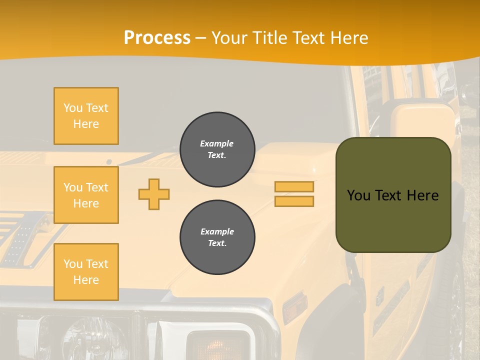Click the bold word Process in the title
157,38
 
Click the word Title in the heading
267,38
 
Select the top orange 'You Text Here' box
86,116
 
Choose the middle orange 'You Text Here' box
86,195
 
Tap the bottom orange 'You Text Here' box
86,271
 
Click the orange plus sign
154,194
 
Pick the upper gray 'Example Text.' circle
217,149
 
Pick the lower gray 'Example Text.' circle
217,237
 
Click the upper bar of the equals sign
294,187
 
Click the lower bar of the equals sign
294,201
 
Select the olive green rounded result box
393,194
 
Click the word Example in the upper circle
217,143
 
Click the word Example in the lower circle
217,231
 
